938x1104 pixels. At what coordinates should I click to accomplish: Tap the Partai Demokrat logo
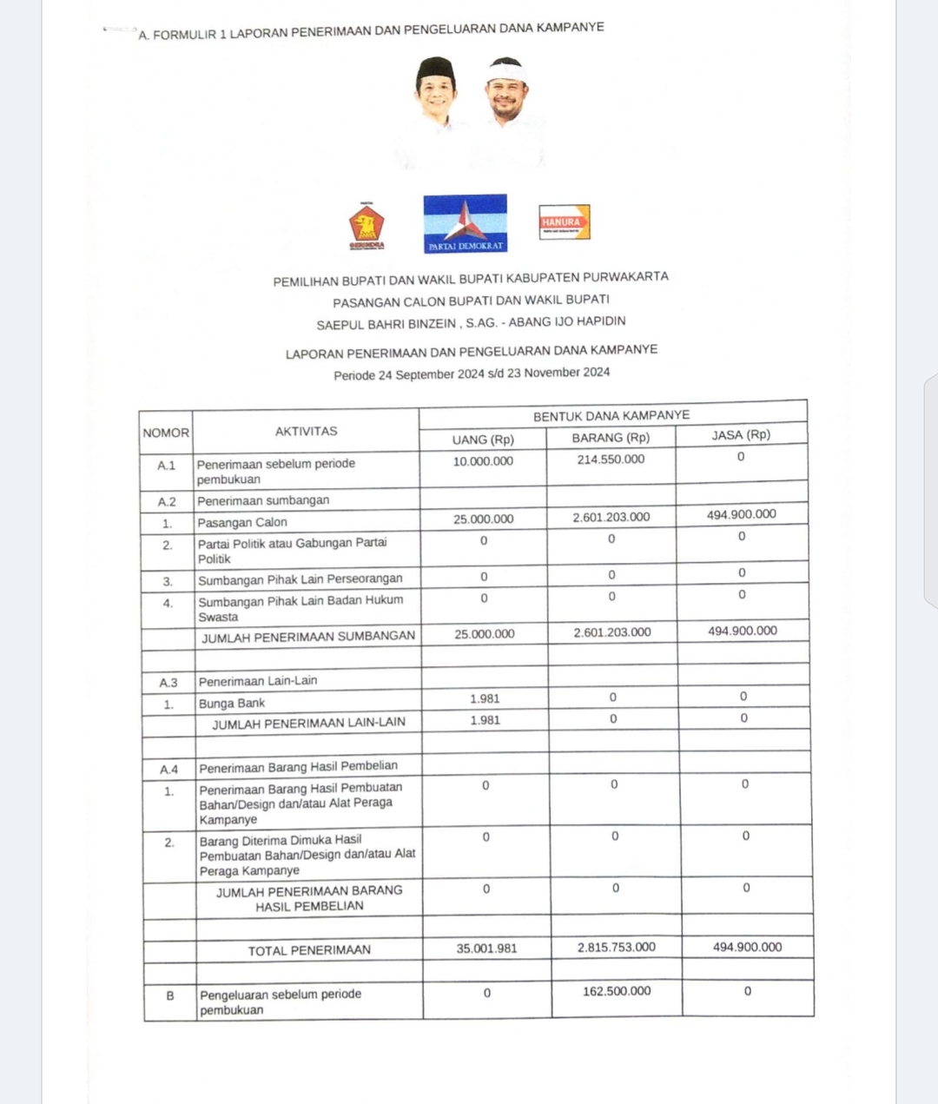(465, 222)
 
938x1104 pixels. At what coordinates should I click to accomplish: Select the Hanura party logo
(564, 222)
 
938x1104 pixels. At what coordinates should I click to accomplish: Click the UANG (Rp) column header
(483, 440)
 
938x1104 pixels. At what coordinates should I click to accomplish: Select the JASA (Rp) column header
(741, 435)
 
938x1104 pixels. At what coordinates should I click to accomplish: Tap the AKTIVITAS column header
(306, 431)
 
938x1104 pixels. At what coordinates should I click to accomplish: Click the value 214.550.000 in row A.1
(611, 459)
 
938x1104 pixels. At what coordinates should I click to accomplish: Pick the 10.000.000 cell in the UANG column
(483, 461)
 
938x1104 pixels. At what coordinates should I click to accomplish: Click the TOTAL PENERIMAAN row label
(309, 950)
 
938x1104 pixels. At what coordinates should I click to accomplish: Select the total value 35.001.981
(486, 949)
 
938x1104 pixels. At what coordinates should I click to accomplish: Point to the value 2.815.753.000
(617, 948)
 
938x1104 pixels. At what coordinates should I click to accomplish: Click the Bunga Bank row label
(232, 704)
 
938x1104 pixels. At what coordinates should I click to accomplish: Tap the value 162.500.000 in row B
(617, 991)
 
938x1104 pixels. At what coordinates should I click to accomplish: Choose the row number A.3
(168, 683)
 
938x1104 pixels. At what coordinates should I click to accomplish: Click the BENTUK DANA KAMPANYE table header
(611, 416)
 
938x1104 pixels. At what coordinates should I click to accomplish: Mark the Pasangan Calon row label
(242, 523)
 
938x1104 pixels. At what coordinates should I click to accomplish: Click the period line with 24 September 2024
(472, 374)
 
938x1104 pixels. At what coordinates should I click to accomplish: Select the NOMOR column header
(166, 433)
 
